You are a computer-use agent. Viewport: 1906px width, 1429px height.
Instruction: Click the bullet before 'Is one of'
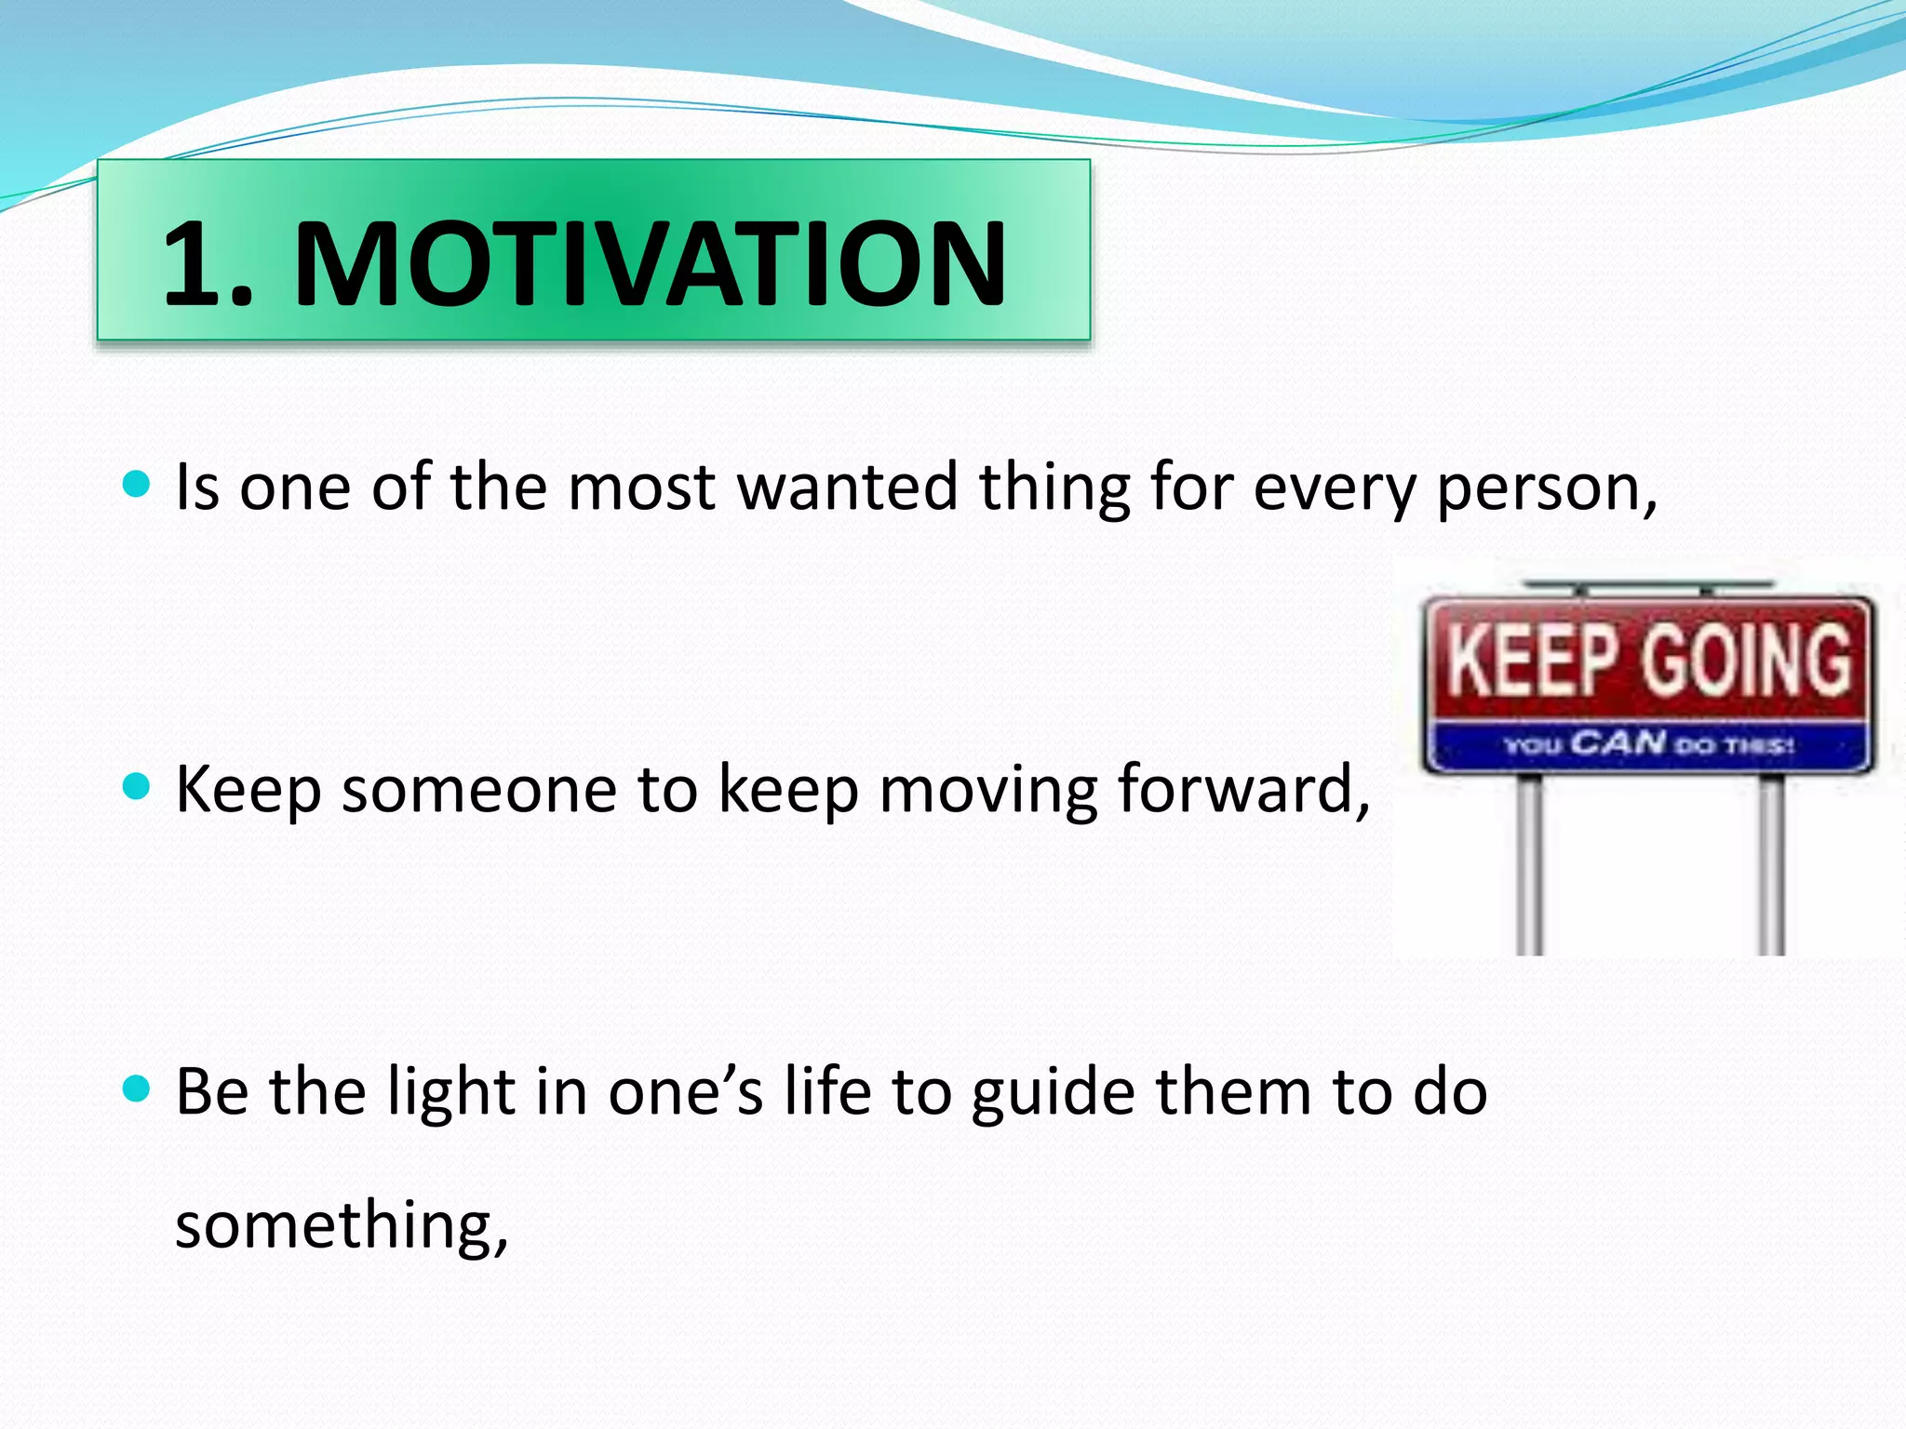136,484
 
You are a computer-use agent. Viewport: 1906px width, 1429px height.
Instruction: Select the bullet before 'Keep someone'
136,787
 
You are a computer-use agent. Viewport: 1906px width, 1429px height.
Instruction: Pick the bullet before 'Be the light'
136,1088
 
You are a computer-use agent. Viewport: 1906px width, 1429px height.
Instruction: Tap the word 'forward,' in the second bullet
1243,789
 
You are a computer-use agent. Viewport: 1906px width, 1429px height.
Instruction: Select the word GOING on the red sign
1746,660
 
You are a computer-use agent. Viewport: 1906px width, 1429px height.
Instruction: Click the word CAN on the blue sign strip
1618,743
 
